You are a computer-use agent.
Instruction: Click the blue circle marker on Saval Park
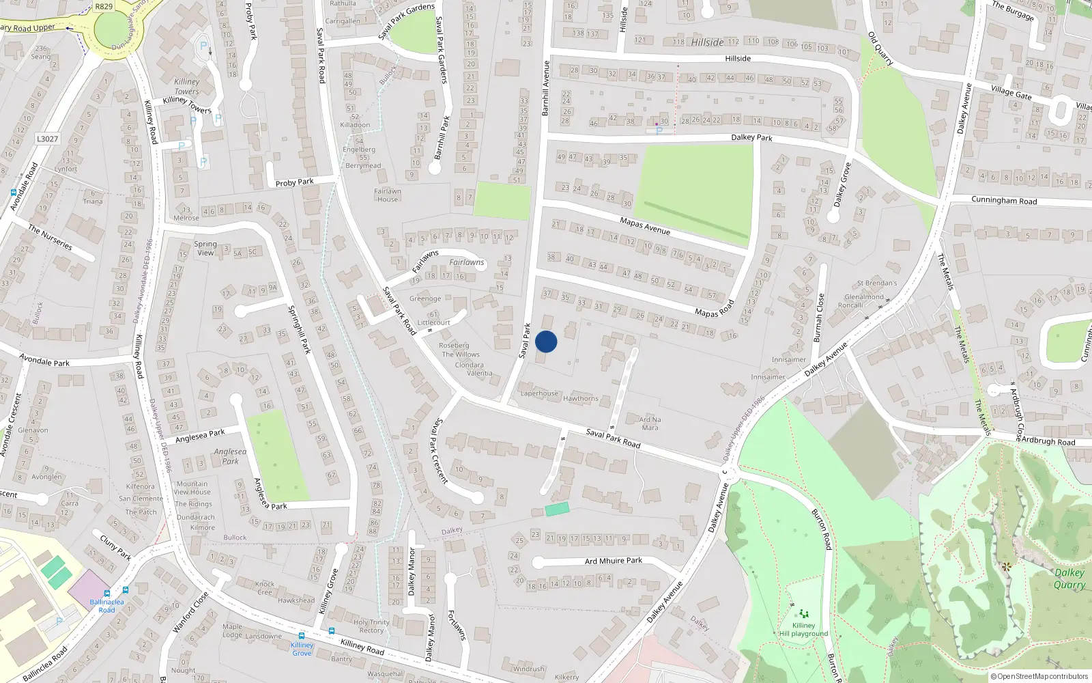pos(546,341)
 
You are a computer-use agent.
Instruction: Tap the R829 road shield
pos(104,7)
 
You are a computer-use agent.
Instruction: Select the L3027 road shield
pos(47,139)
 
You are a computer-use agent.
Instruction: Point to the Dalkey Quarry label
pos(1069,579)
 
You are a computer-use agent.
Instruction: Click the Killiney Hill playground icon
pos(803,614)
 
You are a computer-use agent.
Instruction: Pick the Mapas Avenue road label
pos(645,226)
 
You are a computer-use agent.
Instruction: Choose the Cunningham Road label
pos(1003,201)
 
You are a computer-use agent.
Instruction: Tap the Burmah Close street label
pos(818,318)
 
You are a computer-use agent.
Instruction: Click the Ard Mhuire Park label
pos(613,561)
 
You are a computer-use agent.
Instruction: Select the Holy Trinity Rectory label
pos(371,626)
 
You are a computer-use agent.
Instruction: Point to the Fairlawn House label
pos(387,195)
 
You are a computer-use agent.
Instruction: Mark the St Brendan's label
pos(877,283)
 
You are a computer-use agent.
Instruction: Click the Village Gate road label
pos(1011,91)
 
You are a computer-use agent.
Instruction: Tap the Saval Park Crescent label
pos(438,451)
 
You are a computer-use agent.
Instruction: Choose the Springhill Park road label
pos(299,329)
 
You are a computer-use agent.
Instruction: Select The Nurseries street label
pos(50,237)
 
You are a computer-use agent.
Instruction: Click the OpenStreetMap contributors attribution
pos(1039,676)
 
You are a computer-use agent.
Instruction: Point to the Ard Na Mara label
pos(650,423)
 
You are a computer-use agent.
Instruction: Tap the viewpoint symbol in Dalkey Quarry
pos(1005,566)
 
